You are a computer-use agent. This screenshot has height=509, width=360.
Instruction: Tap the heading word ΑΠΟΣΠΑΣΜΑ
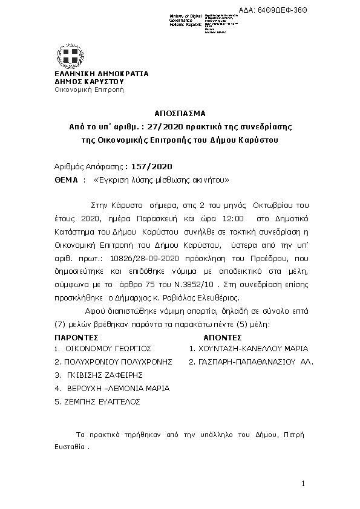(180, 113)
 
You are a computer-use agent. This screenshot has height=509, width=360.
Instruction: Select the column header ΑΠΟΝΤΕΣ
(223, 337)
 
